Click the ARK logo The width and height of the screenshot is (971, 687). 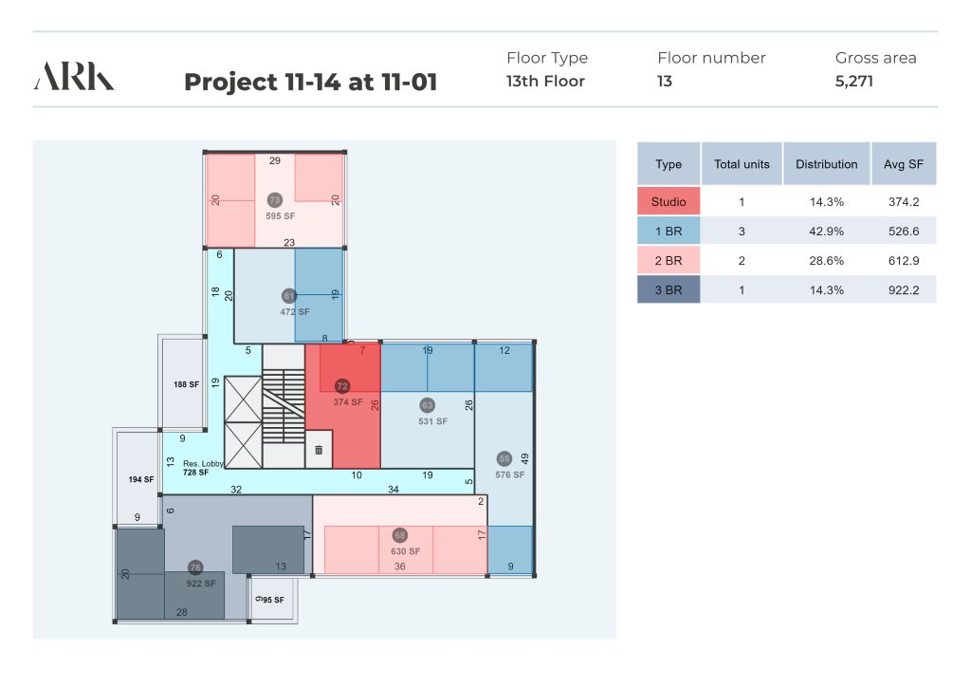point(74,76)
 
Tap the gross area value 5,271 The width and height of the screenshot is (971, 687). point(854,82)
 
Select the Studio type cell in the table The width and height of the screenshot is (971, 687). point(669,201)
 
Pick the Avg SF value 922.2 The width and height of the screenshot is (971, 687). point(904,290)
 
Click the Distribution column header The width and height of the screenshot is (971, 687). point(827,164)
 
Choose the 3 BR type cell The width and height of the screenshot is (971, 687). point(669,290)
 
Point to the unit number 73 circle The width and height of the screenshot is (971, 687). point(275,200)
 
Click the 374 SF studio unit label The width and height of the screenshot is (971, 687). point(348,402)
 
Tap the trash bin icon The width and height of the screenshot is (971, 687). point(319,450)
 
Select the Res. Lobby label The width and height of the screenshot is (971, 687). point(203,463)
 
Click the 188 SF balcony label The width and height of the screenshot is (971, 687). point(187,384)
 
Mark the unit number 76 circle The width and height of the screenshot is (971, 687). point(195,567)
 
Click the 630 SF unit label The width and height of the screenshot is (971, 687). point(406,551)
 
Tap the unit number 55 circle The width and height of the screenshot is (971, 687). point(504,459)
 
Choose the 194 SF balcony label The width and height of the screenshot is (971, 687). point(141,479)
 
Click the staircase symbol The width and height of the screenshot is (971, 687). point(284,406)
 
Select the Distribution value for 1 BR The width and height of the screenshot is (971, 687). point(827,232)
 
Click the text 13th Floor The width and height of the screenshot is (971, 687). point(545,82)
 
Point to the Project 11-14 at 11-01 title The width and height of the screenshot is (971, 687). point(311,82)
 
